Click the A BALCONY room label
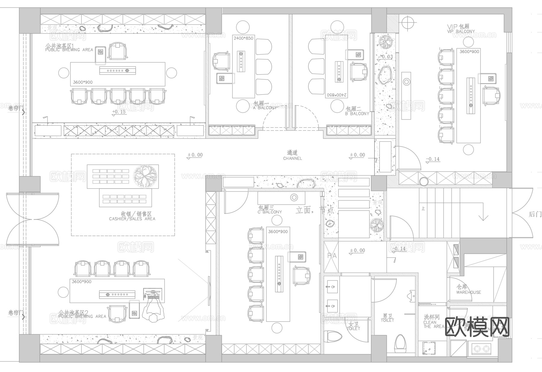[265, 107]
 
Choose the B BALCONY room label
[357, 113]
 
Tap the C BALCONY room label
[269, 212]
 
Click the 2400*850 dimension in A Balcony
[243, 38]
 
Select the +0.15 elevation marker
[119, 112]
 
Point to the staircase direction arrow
[483, 217]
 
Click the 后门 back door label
[535, 214]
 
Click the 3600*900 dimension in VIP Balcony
[469, 51]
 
